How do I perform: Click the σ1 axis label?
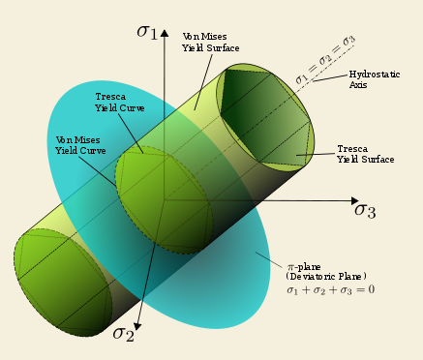click(x=147, y=32)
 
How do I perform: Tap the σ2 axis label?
click(x=123, y=334)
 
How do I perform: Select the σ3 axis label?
click(x=365, y=211)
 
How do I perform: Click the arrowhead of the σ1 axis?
click(x=165, y=33)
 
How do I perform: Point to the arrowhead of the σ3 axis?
click(x=354, y=200)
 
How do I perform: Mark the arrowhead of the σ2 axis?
click(x=137, y=326)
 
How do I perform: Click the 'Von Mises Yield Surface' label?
click(x=211, y=43)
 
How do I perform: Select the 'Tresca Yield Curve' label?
click(x=119, y=103)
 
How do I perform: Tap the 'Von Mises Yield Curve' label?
click(x=80, y=145)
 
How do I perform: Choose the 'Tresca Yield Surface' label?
click(x=366, y=154)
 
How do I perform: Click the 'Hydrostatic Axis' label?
click(x=375, y=79)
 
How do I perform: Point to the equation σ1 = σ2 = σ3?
click(x=325, y=60)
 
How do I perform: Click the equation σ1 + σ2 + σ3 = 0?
click(x=330, y=289)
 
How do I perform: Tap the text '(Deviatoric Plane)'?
click(x=326, y=277)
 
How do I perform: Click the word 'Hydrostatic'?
click(x=375, y=75)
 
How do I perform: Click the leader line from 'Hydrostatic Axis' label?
click(x=330, y=77)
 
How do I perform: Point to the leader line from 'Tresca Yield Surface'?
click(x=317, y=154)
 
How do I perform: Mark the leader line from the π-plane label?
click(x=269, y=260)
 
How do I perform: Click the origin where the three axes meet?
click(x=165, y=200)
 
